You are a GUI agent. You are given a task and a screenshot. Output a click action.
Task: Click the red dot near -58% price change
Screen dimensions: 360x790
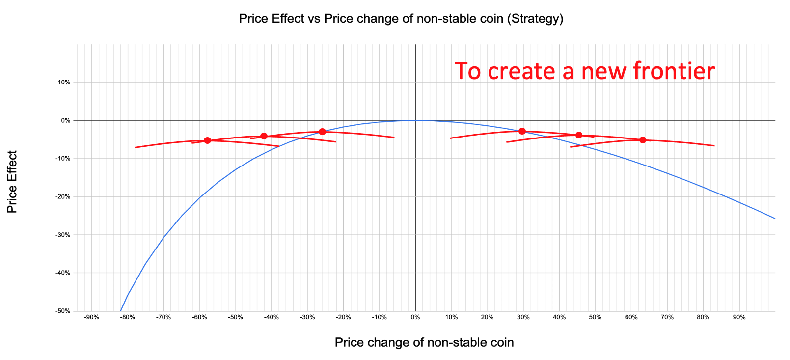point(207,140)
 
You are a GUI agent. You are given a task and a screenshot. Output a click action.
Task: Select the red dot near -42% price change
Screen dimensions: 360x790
point(264,136)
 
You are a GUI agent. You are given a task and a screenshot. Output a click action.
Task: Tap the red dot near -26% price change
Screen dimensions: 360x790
point(322,132)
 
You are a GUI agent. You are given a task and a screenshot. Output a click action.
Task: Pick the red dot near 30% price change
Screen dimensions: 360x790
point(522,131)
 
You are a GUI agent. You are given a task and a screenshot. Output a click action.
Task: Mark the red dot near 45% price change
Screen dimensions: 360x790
point(579,135)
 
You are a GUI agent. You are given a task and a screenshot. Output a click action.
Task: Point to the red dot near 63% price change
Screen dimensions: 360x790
point(643,140)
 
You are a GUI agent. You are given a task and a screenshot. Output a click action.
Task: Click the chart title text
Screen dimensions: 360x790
point(401,19)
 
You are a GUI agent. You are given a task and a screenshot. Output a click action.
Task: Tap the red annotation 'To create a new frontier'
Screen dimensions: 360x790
point(584,71)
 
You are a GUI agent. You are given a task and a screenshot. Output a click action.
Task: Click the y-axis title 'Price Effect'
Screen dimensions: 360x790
point(12,182)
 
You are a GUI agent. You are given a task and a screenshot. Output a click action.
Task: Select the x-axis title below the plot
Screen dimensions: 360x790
point(424,343)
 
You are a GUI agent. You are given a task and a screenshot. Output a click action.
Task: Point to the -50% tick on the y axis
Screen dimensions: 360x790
point(64,311)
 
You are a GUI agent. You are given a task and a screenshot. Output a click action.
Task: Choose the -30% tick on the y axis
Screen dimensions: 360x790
point(64,235)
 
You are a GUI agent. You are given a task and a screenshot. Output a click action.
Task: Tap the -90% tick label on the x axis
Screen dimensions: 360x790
point(91,317)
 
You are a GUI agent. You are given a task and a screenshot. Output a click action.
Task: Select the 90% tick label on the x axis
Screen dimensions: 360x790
point(739,317)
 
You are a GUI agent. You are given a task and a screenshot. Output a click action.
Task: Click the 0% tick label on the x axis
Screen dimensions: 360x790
point(415,317)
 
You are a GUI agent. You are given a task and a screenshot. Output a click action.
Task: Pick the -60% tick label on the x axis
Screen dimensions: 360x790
point(199,317)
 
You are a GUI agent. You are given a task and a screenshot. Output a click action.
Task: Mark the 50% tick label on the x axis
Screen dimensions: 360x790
point(595,317)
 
